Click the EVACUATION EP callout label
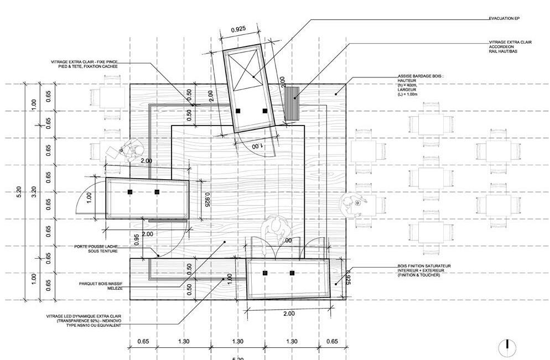pyautogui.click(x=504, y=19)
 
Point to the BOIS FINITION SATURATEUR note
pyautogui.click(x=424, y=270)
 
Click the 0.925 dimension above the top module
pyautogui.click(x=238, y=29)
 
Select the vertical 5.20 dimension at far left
pyautogui.click(x=19, y=192)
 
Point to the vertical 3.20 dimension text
pyautogui.click(x=34, y=192)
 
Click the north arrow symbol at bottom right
pyautogui.click(x=504, y=347)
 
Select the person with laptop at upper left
pyautogui.click(x=131, y=150)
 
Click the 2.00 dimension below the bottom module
pyautogui.click(x=288, y=314)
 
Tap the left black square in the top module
pyautogui.click(x=238, y=111)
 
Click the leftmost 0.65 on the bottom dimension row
pyautogui.click(x=143, y=342)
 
